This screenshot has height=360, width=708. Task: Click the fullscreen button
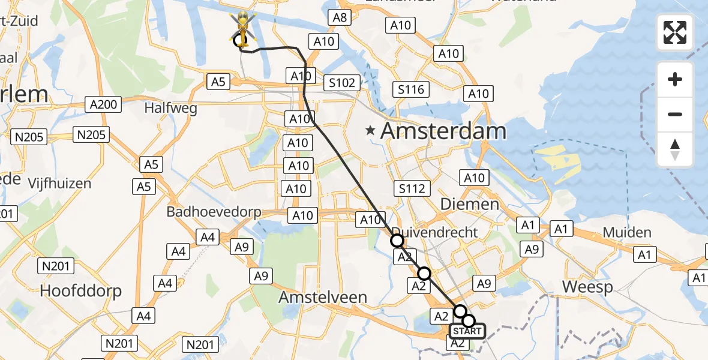675,32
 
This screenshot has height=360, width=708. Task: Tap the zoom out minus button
675,114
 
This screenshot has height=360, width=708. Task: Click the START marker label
466,331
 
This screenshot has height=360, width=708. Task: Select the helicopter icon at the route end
242,27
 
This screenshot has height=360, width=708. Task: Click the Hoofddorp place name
80,292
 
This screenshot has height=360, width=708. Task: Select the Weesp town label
587,287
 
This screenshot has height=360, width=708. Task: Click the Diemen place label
469,204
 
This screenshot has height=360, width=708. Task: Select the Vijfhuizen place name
60,183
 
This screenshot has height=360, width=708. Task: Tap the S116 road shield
411,90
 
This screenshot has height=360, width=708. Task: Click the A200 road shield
103,104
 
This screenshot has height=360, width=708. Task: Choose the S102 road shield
342,83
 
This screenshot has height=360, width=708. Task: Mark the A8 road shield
340,18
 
